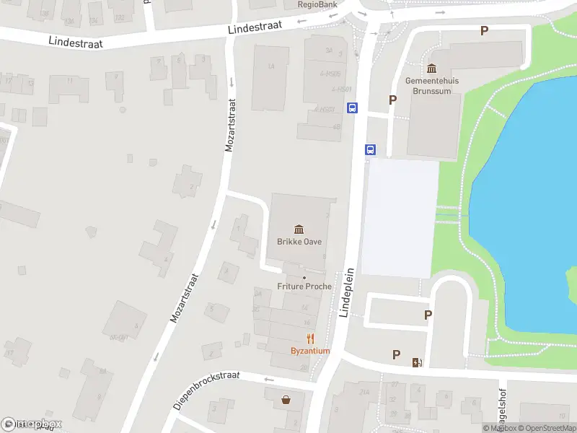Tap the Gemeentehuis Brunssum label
coord(431,86)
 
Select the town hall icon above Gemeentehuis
coord(431,69)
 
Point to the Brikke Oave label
coord(299,242)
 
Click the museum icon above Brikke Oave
coord(299,229)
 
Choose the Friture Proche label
coord(304,287)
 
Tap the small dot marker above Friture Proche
coord(304,278)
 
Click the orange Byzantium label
coord(310,351)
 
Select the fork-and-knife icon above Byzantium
coord(310,338)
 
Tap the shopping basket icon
coord(286,398)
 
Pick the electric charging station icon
coord(416,362)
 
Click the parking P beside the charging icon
coord(396,355)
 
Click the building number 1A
coord(271,67)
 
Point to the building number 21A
coord(364,392)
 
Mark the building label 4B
coord(337,127)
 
